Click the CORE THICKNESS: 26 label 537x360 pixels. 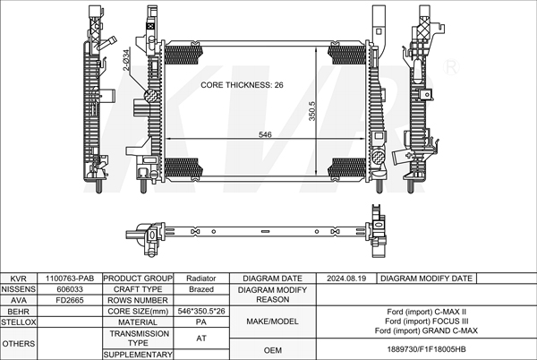pyautogui.click(x=242, y=85)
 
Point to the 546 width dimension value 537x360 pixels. pyautogui.click(x=265, y=134)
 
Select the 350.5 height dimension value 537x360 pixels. pyautogui.click(x=312, y=111)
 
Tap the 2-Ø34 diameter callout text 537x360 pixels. pyautogui.click(x=126, y=60)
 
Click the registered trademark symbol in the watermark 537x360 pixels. pyautogui.click(x=451, y=67)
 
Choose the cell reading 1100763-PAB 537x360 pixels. pyautogui.click(x=70, y=279)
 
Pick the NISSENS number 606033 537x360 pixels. pyautogui.click(x=70, y=289)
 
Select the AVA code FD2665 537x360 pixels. pyautogui.click(x=70, y=300)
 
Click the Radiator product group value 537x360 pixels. pyautogui.click(x=201, y=279)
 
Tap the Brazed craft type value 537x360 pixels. pyautogui.click(x=201, y=289)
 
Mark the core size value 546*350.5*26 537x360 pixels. pyautogui.click(x=201, y=311)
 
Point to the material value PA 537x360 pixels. pyautogui.click(x=201, y=322)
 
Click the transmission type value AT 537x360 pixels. pyautogui.click(x=201, y=339)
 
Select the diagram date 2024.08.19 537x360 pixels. pyautogui.click(x=346, y=279)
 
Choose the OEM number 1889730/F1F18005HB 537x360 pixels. pyautogui.click(x=426, y=349)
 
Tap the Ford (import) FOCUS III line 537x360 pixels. pyautogui.click(x=426, y=321)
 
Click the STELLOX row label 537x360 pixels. pyautogui.click(x=19, y=322)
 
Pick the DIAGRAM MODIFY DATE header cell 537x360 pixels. pyautogui.click(x=426, y=279)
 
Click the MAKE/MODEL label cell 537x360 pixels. pyautogui.click(x=273, y=321)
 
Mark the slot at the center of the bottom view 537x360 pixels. pyautogui.click(x=265, y=232)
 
